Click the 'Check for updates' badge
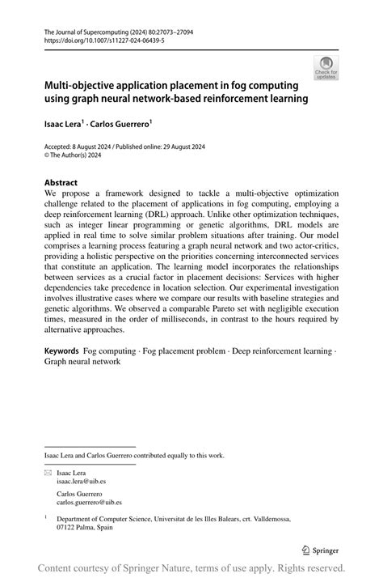point(326,68)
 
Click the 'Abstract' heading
point(62,183)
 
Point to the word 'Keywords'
point(61,351)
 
